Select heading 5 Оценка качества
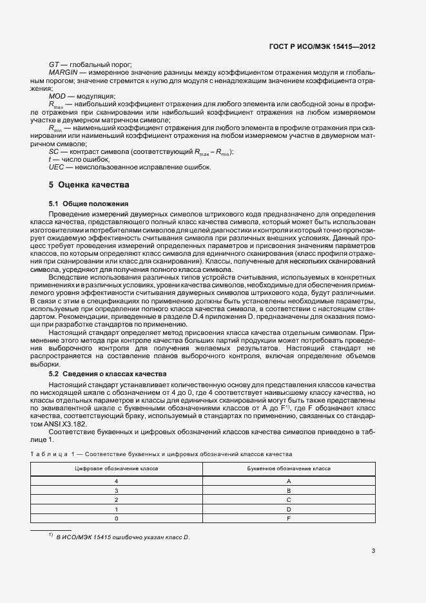pos(89,185)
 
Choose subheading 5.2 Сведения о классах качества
pos(108,374)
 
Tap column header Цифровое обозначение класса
pos(117,468)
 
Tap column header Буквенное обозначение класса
pos(289,468)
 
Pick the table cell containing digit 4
pos(117,481)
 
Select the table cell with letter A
pos(289,481)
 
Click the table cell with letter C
pos(289,499)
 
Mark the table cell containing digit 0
pos(117,517)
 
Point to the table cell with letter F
pos(289,517)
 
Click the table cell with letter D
pos(289,508)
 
